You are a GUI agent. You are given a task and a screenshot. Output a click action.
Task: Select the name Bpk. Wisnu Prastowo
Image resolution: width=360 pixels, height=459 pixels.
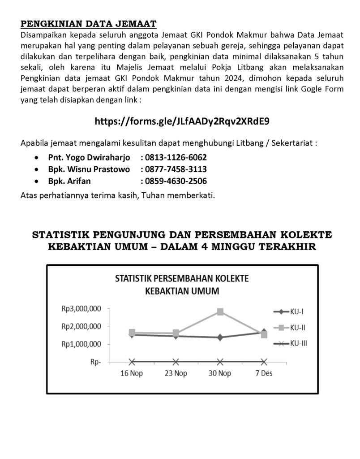89,169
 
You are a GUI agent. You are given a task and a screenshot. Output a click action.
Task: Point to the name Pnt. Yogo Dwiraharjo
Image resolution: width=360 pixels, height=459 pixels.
89,158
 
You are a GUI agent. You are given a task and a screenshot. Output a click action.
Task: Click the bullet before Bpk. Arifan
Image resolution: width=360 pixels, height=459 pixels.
36,182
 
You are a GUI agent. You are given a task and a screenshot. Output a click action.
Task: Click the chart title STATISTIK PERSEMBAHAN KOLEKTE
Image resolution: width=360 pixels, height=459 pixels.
182,278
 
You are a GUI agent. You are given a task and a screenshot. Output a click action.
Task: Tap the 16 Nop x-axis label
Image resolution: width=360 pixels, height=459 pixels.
132,373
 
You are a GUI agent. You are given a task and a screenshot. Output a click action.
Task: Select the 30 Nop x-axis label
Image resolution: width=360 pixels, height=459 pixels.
220,373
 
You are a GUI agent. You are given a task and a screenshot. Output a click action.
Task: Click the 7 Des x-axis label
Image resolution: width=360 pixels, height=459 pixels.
264,373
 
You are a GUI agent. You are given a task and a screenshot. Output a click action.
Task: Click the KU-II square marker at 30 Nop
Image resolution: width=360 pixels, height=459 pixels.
220,312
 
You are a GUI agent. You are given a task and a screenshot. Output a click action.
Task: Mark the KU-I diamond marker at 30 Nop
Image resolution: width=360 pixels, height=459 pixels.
220,338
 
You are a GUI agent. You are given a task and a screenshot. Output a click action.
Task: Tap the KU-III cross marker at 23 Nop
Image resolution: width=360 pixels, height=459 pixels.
176,362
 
